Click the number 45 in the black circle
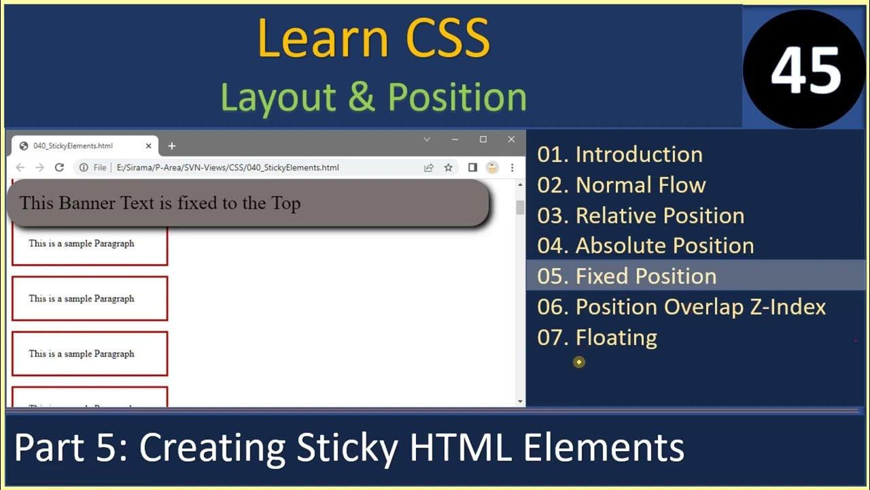point(805,71)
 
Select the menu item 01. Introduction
point(619,154)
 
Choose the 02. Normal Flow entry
point(621,185)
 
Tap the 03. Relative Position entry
point(640,216)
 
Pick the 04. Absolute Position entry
point(645,246)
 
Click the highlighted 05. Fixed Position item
point(626,276)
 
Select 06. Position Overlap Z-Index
point(681,307)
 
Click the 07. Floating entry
point(597,338)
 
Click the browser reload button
point(59,167)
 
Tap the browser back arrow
point(20,167)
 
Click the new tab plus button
point(172,146)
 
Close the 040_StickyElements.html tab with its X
point(149,146)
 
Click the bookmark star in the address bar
point(448,167)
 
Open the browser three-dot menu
point(512,167)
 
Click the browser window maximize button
point(483,140)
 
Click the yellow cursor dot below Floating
point(579,362)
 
